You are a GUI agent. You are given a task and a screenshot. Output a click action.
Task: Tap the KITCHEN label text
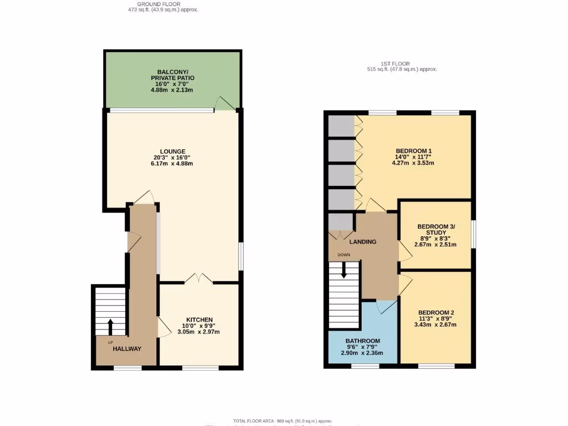pyautogui.click(x=199, y=320)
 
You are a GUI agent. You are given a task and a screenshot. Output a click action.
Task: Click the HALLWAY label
pyautogui.click(x=127, y=349)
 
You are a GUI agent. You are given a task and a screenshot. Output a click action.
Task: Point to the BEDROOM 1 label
pyautogui.click(x=413, y=151)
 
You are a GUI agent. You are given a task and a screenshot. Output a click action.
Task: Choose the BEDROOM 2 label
pyautogui.click(x=437, y=312)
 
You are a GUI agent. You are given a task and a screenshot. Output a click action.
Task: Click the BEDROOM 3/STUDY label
pyautogui.click(x=436, y=230)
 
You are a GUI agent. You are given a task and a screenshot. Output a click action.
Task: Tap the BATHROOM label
pyautogui.click(x=363, y=341)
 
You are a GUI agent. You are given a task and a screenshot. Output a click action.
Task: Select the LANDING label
pyautogui.click(x=363, y=242)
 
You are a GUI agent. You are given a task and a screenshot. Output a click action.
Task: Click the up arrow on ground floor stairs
pyautogui.click(x=110, y=325)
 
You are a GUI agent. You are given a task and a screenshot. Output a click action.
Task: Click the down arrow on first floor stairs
pyautogui.click(x=344, y=270)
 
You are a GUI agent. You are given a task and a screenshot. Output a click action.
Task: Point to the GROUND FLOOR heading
pyautogui.click(x=163, y=4)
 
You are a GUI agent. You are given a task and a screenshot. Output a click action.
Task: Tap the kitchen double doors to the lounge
pyautogui.click(x=199, y=278)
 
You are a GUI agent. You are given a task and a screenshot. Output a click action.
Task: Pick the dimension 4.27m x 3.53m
pyautogui.click(x=413, y=163)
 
